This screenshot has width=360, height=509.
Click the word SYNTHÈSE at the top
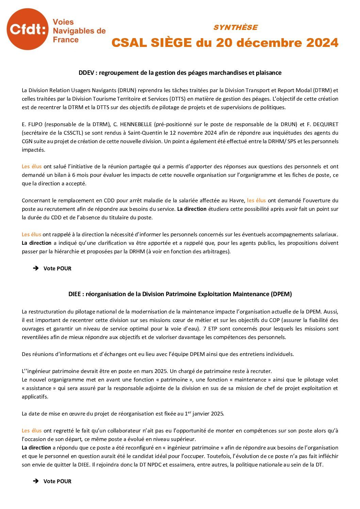tap(235, 28)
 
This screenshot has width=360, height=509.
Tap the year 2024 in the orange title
tap(322, 43)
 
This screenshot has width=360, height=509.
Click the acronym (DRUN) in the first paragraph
tap(127, 90)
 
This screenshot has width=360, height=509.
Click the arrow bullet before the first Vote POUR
tap(36, 269)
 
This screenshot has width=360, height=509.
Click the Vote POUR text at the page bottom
tap(57, 481)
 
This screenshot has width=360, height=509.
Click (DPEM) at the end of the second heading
tap(281, 294)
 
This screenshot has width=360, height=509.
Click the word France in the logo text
tap(66, 40)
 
